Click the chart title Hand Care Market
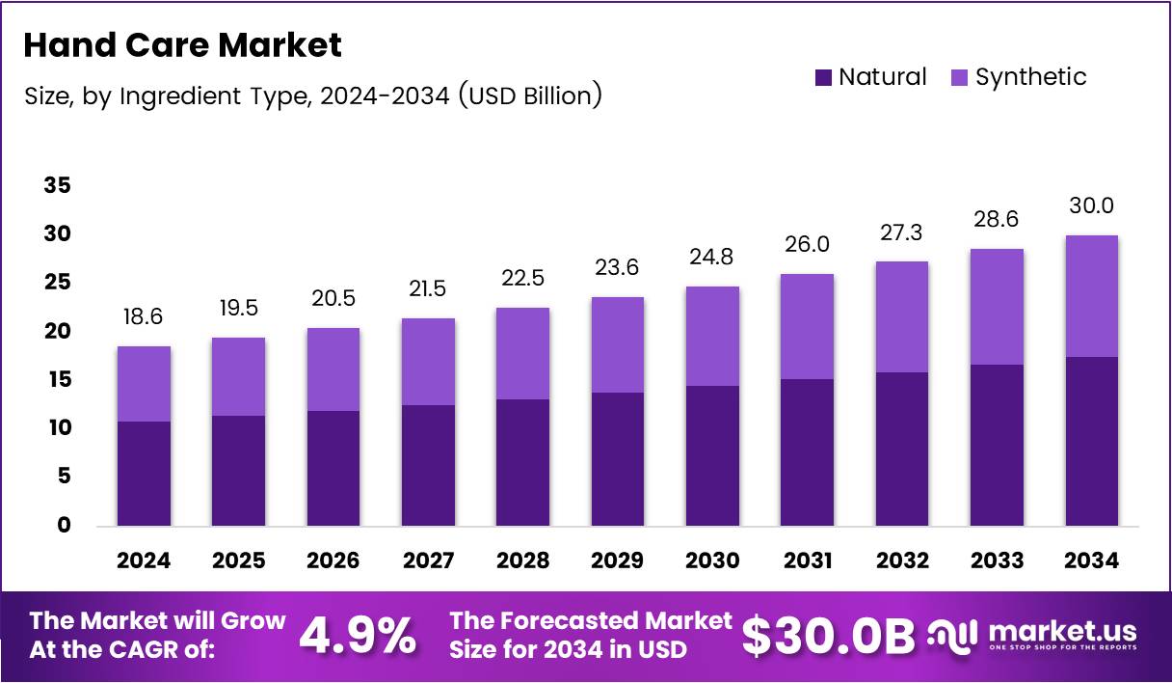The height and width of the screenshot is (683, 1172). [x=182, y=44]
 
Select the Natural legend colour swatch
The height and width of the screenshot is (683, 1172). [x=823, y=77]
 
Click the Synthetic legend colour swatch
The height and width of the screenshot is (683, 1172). [x=960, y=77]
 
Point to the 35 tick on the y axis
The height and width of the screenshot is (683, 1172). [x=57, y=185]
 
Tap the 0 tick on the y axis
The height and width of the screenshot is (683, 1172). [x=64, y=526]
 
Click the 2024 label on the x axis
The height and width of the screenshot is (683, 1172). [x=144, y=561]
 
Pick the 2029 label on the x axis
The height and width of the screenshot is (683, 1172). [x=618, y=561]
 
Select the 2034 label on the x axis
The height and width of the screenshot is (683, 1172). [x=1091, y=561]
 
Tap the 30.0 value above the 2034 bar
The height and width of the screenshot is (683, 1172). [x=1091, y=206]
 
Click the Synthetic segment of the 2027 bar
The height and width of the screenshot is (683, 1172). [x=428, y=362]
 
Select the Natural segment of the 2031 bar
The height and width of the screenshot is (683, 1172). [x=807, y=451]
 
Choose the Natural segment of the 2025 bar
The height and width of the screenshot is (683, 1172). [x=238, y=470]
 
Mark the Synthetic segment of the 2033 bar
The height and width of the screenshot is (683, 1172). [x=997, y=307]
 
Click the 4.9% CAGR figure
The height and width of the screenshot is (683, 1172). [x=358, y=635]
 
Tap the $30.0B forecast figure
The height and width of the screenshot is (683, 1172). [x=828, y=635]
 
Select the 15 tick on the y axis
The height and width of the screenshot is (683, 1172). [x=57, y=380]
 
